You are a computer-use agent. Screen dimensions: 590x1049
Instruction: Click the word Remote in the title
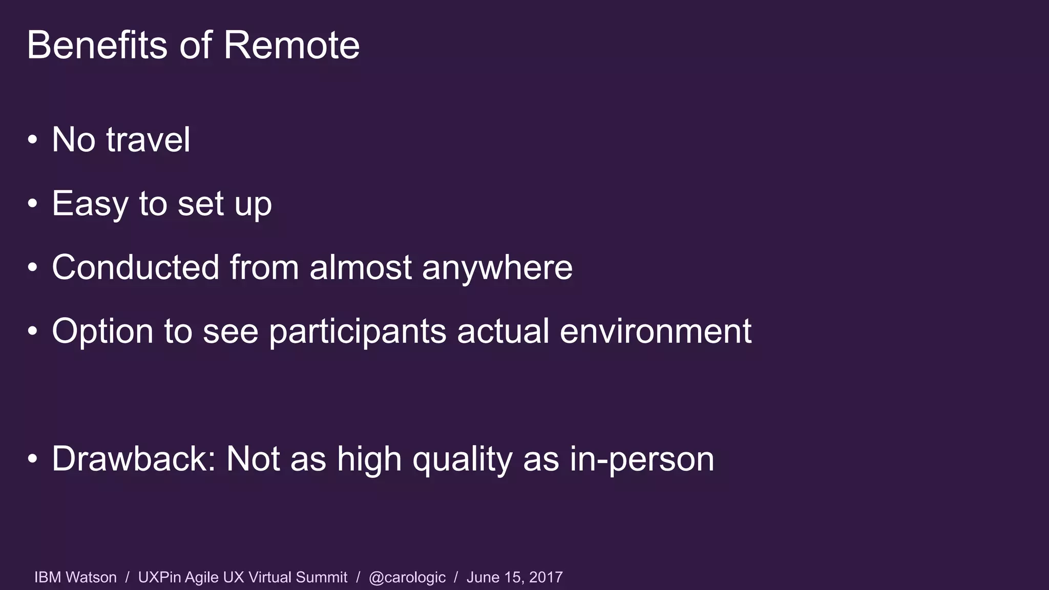[x=291, y=45]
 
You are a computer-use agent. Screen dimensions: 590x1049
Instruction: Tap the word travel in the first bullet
[x=148, y=139]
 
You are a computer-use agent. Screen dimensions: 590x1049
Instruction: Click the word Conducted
[x=136, y=267]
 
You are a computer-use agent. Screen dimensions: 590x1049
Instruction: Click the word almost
[x=361, y=267]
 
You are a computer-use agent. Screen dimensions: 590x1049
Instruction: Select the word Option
[x=102, y=331]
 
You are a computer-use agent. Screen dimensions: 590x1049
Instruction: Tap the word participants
[x=358, y=331]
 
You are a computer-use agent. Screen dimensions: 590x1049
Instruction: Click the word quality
[x=462, y=459]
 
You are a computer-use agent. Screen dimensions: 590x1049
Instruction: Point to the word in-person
[x=642, y=459]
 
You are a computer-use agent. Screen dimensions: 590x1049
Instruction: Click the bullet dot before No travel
[x=33, y=140]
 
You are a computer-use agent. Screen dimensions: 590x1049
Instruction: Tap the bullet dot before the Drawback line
[x=33, y=459]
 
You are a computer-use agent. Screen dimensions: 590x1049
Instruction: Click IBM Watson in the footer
[x=75, y=577]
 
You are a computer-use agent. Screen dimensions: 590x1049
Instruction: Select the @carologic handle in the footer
[x=407, y=577]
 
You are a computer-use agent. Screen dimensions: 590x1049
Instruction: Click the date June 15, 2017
[x=514, y=577]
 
